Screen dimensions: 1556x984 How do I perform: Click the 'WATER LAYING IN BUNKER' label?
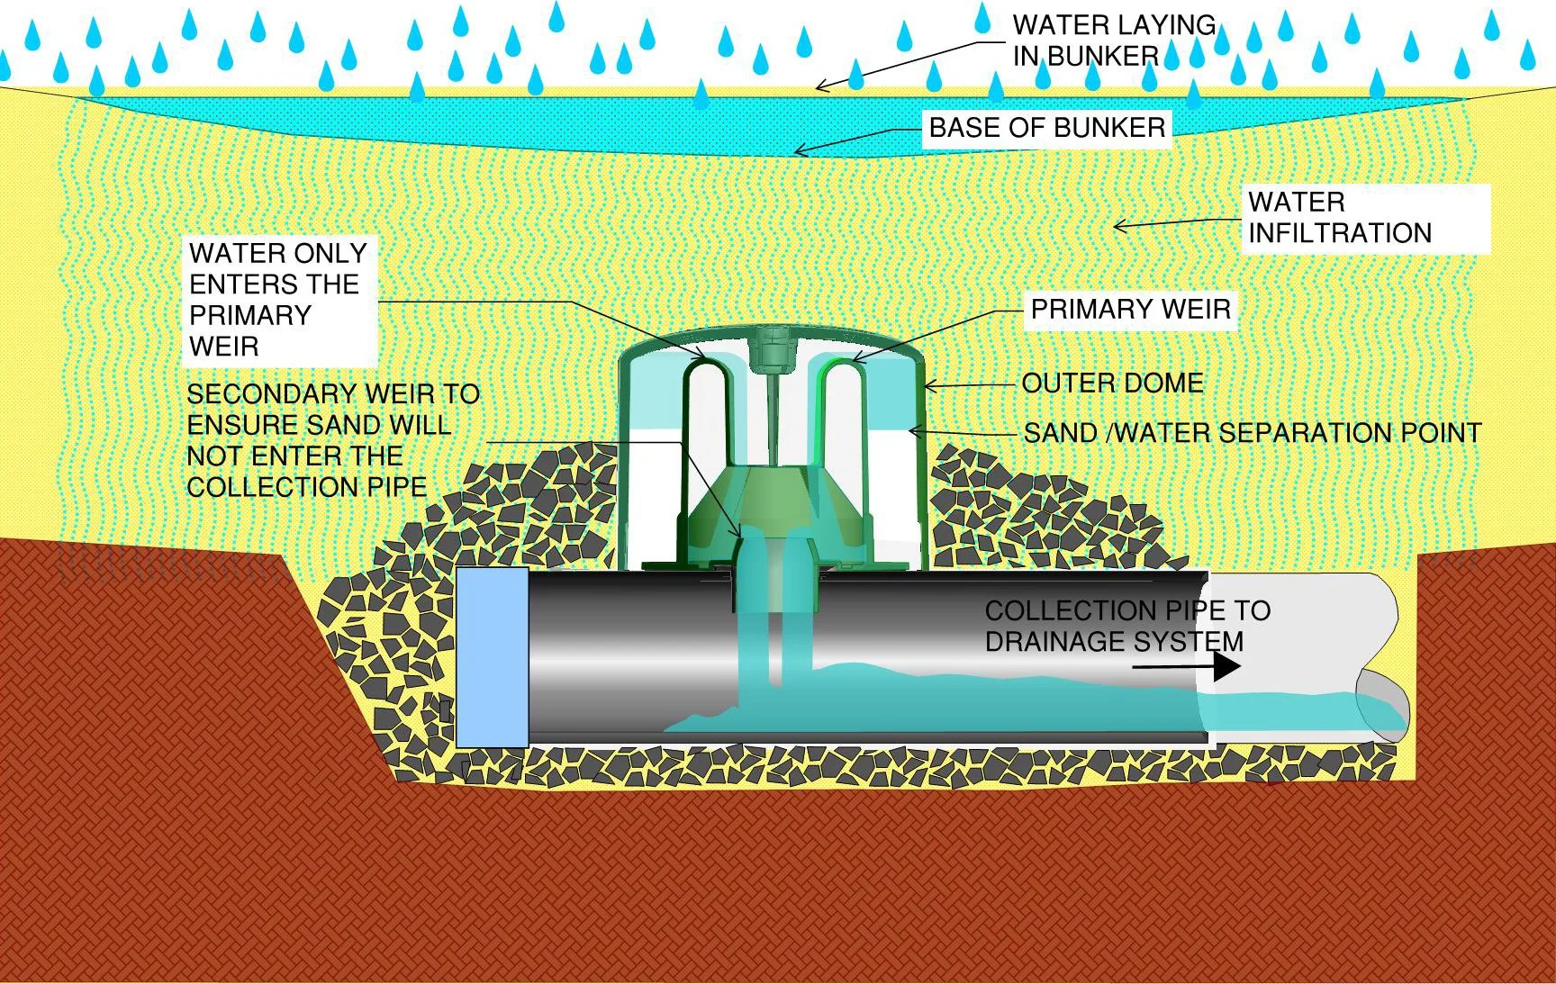[x=1113, y=41]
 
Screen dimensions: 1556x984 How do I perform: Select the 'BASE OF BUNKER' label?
[x=1046, y=128]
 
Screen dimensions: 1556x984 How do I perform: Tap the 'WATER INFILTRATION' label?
[x=1339, y=218]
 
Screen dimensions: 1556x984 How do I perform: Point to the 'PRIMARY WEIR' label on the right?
[x=1130, y=310]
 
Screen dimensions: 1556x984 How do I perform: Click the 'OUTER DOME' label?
[x=1112, y=384]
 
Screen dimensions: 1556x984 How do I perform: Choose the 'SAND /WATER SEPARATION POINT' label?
[x=1252, y=433]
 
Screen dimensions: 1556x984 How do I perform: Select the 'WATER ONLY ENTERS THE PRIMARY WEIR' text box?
[x=278, y=300]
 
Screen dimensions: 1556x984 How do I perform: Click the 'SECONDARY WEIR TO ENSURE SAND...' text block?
[x=332, y=440]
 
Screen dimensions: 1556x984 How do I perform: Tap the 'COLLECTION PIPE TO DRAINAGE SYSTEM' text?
[x=1126, y=626]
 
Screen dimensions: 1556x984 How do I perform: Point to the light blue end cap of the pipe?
[x=492, y=657]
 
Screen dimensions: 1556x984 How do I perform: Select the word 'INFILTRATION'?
[x=1339, y=233]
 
